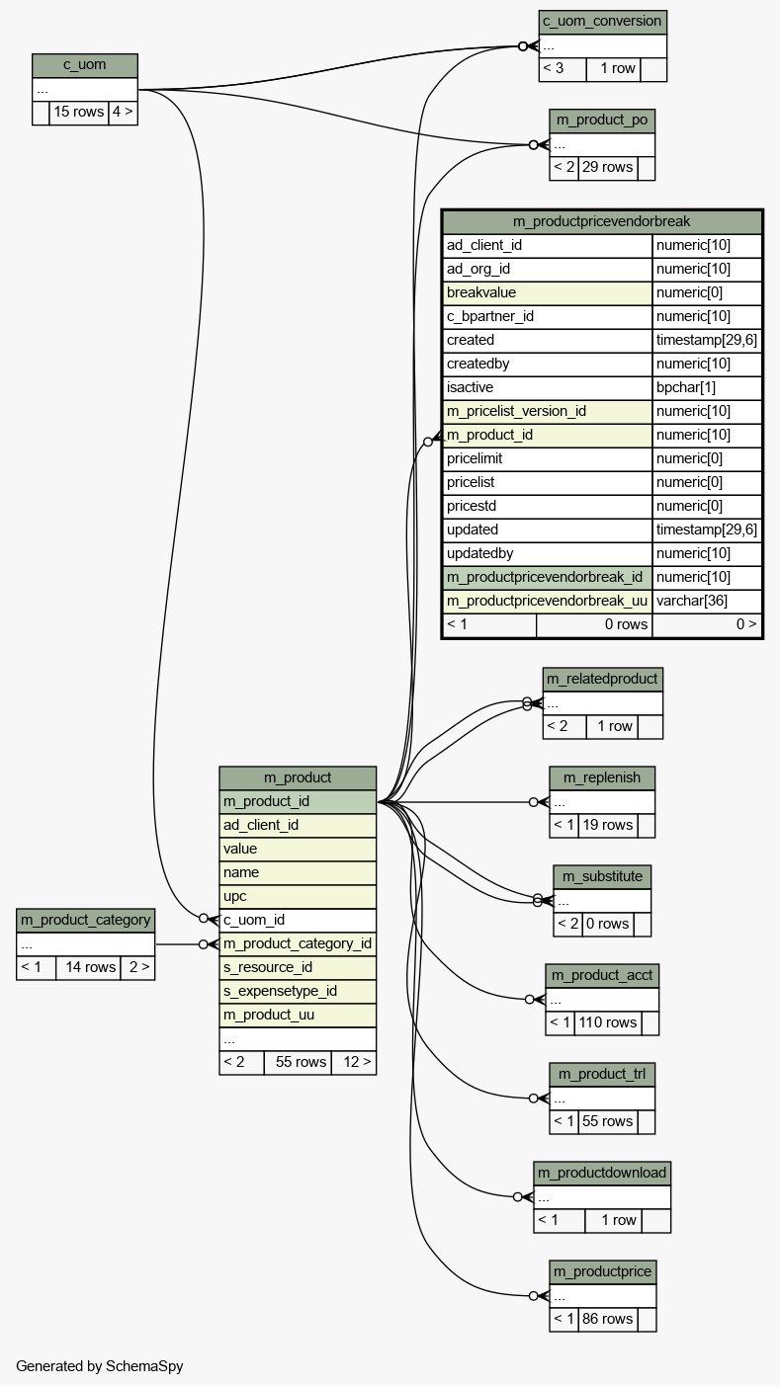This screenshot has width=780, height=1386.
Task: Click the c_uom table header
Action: (84, 65)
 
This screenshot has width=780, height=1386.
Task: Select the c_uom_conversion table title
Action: (602, 22)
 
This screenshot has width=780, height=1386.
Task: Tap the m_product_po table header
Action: (602, 121)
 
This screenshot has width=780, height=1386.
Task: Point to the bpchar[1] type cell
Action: (707, 387)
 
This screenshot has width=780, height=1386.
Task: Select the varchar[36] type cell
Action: (707, 601)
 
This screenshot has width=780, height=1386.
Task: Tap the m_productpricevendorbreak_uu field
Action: (548, 601)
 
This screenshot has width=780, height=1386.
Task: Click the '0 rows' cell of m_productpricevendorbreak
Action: (594, 624)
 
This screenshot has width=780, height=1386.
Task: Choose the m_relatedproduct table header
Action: (602, 679)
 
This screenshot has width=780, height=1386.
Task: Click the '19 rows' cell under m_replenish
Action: (607, 825)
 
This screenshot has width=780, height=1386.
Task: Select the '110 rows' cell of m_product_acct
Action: (607, 1022)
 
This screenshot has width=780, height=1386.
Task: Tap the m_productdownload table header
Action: (602, 1173)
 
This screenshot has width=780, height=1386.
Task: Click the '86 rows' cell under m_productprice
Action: (607, 1319)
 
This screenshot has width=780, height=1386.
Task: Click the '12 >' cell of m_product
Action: (353, 1062)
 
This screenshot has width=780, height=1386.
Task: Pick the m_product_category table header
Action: (85, 920)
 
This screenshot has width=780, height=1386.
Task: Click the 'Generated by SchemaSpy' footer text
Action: (99, 1366)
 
